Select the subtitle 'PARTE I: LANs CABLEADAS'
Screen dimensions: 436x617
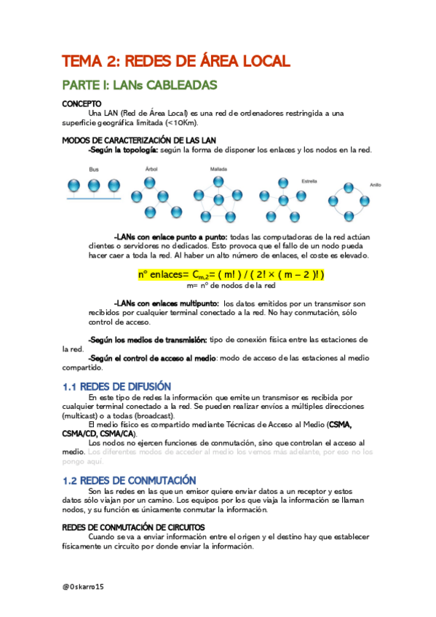coord(140,85)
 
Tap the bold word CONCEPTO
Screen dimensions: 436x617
coord(82,104)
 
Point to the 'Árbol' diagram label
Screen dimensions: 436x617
coord(151,168)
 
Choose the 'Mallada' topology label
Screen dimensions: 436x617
coord(208,168)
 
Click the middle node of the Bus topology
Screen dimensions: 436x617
coord(94,186)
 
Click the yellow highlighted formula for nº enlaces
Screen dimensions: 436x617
coord(230,275)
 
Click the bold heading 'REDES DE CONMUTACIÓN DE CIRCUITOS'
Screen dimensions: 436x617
coord(133,527)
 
